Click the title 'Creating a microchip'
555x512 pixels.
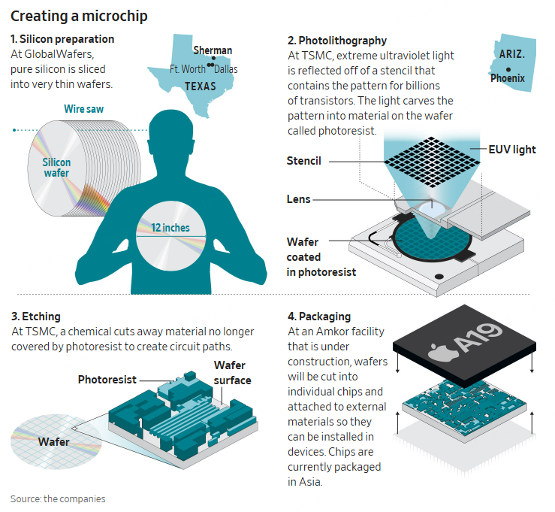(x=79, y=15)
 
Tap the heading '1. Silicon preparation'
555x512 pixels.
(x=62, y=39)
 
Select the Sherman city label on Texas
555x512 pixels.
(x=213, y=50)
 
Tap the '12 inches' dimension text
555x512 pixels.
(x=170, y=228)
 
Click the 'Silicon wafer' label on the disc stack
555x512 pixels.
(x=56, y=168)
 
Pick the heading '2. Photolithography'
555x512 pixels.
(x=337, y=41)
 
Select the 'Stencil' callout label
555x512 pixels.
(x=303, y=161)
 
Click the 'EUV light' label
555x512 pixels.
(x=512, y=150)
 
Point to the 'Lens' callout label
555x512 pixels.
(x=299, y=199)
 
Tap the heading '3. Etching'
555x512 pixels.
(x=36, y=317)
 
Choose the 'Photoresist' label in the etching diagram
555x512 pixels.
(x=110, y=380)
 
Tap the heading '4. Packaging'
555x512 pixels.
(x=319, y=317)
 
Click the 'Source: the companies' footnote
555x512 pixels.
(x=58, y=498)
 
